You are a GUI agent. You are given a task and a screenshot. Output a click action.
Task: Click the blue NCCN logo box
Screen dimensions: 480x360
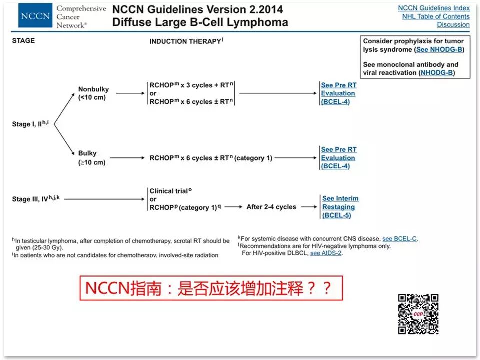(x=35, y=17)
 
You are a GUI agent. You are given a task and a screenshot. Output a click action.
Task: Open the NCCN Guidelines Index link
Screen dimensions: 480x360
(x=433, y=8)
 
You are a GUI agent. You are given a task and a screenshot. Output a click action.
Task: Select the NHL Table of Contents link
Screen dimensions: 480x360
(x=436, y=16)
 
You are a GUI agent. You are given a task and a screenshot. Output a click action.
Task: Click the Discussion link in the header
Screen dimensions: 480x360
(x=453, y=24)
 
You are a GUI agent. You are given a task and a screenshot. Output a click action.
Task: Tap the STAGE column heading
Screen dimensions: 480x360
(x=23, y=41)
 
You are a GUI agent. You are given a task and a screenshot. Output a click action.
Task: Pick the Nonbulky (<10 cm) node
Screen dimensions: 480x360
(x=93, y=93)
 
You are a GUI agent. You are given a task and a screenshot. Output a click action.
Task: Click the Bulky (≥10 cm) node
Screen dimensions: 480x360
(x=91, y=158)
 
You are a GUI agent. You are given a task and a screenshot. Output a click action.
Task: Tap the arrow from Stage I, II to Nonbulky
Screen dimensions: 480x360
(x=64, y=106)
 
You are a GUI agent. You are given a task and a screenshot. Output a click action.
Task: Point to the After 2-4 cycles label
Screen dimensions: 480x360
(x=271, y=207)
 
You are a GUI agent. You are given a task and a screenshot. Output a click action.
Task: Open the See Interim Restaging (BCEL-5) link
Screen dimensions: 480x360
(x=340, y=207)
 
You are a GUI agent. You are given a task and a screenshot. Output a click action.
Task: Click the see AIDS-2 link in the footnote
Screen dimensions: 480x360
(x=326, y=253)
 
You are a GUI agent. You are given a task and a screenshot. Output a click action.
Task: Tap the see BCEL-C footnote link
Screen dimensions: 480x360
(x=399, y=239)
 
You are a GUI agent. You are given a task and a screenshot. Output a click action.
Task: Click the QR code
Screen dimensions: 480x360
(x=418, y=314)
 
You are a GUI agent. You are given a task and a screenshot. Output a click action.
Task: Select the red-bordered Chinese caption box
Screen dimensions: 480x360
(x=211, y=288)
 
